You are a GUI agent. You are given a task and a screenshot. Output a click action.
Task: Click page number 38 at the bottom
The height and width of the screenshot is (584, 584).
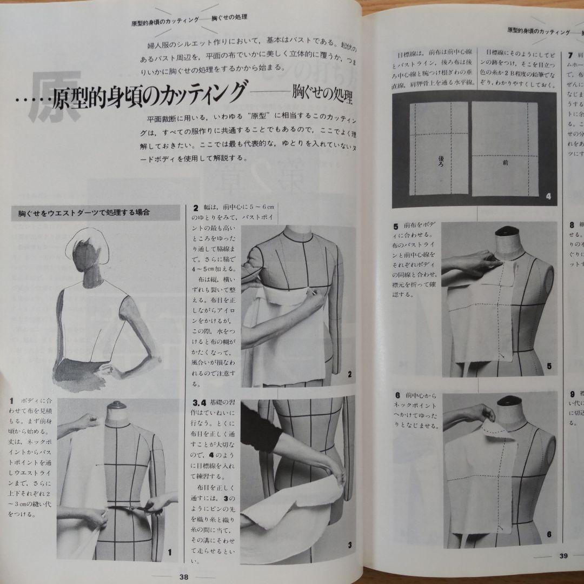(183, 576)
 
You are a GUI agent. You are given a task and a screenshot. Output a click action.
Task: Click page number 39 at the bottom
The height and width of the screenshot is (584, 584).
(563, 555)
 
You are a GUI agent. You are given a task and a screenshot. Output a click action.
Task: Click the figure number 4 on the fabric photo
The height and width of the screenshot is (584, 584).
(548, 196)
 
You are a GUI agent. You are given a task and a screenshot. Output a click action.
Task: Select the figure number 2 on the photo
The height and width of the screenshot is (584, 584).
(350, 374)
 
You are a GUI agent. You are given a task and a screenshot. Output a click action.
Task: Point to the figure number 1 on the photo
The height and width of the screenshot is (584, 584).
(169, 552)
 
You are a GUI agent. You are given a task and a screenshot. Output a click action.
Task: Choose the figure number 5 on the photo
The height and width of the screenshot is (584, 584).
(548, 367)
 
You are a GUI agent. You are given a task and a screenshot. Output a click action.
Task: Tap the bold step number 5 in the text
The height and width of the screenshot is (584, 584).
(396, 225)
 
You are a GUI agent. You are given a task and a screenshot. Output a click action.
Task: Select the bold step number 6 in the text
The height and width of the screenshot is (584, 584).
(397, 396)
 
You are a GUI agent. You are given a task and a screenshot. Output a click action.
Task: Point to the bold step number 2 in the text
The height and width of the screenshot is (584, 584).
(196, 208)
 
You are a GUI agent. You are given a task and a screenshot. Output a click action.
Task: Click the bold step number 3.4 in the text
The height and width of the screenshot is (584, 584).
(200, 403)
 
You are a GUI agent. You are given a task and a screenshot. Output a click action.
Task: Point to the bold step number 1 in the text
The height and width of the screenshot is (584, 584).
(11, 401)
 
